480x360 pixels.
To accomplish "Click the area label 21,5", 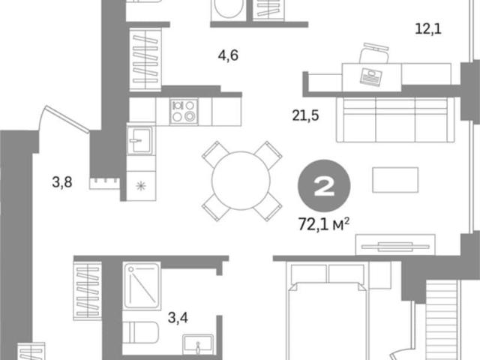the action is (x=305, y=115).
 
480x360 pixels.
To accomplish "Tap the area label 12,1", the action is (x=428, y=29).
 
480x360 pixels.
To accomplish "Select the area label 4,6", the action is (x=228, y=55).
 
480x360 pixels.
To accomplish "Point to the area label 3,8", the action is (x=62, y=182).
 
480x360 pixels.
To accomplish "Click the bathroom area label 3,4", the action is (x=178, y=318).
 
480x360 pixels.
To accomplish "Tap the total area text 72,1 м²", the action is (x=324, y=224).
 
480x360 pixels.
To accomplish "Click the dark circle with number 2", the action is (x=324, y=186).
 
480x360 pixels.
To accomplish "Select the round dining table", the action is (x=241, y=181).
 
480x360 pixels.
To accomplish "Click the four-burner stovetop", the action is (x=184, y=112).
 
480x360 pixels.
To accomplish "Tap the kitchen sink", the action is (x=139, y=141).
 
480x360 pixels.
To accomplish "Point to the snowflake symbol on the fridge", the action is (x=141, y=186).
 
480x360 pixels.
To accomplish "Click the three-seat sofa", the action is (x=395, y=120).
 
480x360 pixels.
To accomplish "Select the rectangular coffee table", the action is (x=395, y=180).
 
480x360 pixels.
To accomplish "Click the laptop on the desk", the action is (x=372, y=76).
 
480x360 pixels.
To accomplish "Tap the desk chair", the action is (x=374, y=53).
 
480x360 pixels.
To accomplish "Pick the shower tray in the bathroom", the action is (x=142, y=285).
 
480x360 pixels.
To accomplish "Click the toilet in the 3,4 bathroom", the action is (x=140, y=333).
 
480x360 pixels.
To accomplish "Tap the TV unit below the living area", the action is (x=395, y=245).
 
